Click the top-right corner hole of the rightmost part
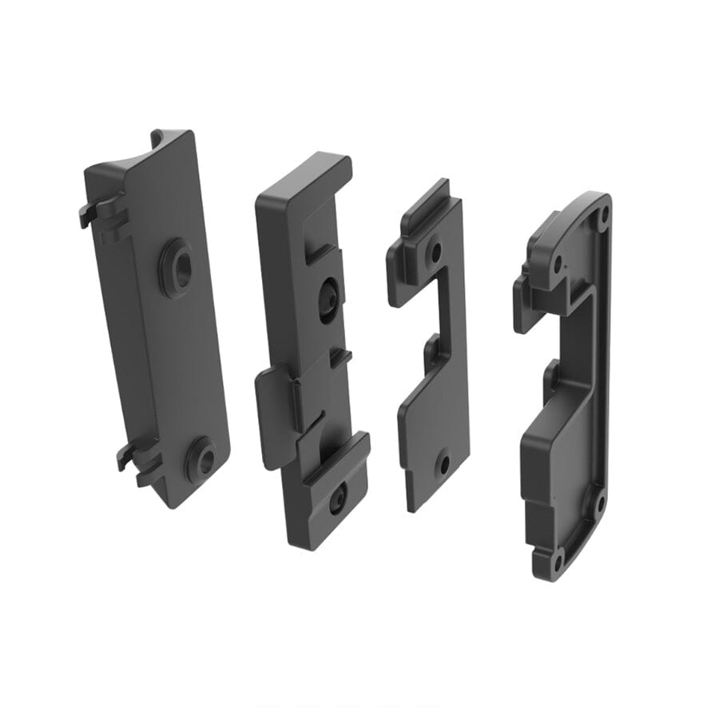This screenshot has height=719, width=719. coord(604,214)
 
